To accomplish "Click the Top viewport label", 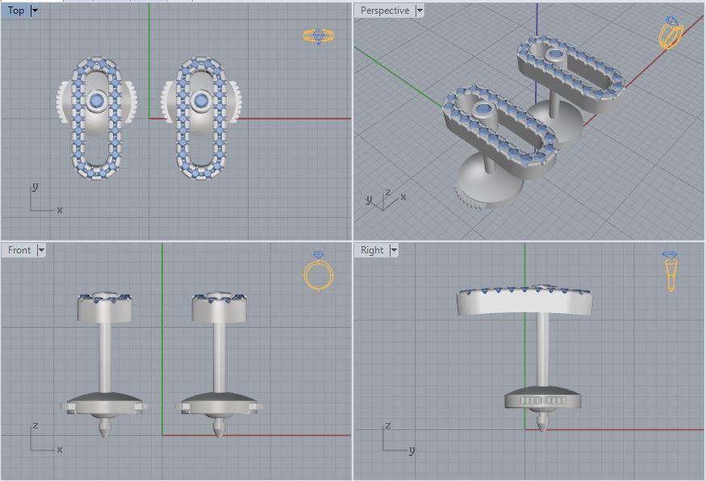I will pos(15,10).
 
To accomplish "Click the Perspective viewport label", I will pos(384,10).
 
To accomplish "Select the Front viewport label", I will pos(19,250).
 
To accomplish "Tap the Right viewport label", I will pos(372,250).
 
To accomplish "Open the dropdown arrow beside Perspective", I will pos(419,10).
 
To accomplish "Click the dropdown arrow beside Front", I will pos(40,250).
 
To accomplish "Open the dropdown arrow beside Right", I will pos(394,250).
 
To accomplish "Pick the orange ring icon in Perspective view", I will pos(670,33).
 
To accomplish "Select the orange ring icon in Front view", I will pos(316,272).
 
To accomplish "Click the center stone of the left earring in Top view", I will pos(98,100).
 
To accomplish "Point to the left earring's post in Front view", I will pos(105,355).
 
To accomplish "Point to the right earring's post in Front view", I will pos(219,355).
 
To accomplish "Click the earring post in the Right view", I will pos(542,351).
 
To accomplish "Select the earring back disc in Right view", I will pos(542,399).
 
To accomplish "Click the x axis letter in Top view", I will pos(60,210).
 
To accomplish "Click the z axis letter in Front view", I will pos(35,425).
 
